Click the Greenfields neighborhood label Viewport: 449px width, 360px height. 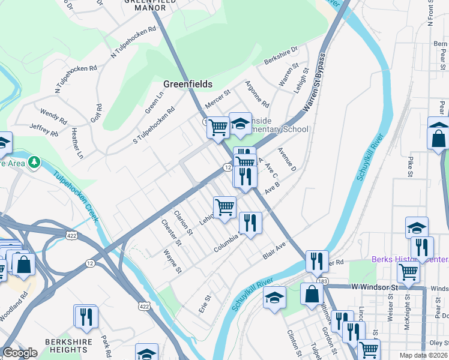pos(187,85)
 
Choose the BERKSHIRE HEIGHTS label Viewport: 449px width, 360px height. pos(67,346)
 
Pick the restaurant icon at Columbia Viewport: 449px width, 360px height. pos(250,223)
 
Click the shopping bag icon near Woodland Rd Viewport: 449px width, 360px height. pos(24,264)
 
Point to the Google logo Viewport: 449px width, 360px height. pos(20,353)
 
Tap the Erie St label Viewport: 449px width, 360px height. pos(206,303)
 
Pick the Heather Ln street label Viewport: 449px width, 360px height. pos(77,143)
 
